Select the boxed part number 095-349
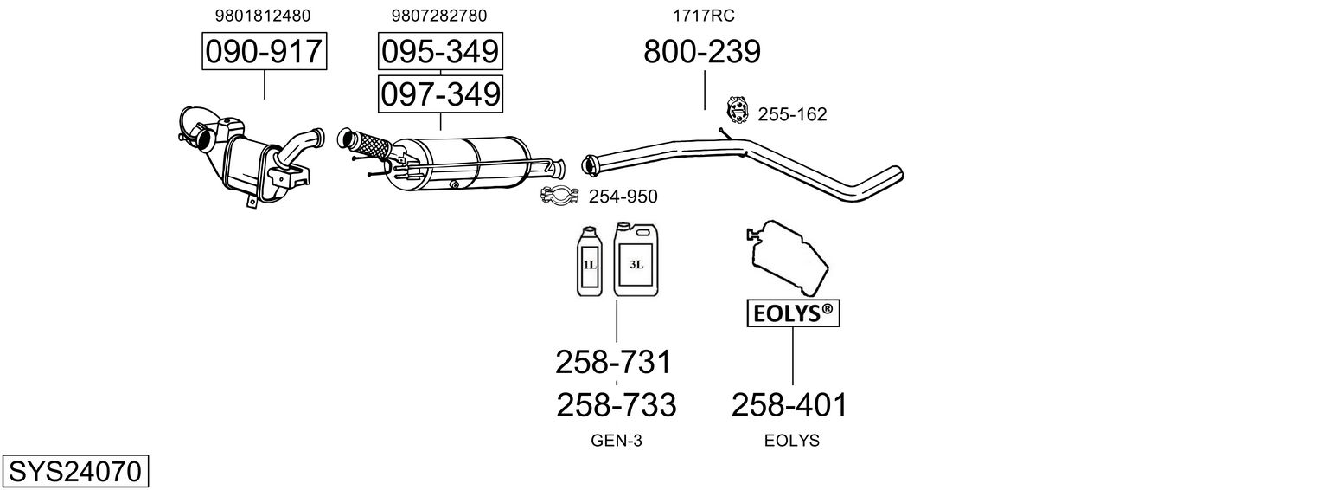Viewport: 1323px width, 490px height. [440, 52]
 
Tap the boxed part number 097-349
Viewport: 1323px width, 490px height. [440, 93]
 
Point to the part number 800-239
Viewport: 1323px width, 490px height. [701, 52]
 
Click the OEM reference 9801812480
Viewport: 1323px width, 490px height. [263, 16]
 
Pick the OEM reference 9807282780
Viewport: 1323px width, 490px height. [439, 16]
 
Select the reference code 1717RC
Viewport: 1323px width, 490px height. [704, 16]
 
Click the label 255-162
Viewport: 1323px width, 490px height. [792, 114]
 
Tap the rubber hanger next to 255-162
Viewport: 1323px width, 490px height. [736, 109]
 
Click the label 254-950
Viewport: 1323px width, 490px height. [623, 197]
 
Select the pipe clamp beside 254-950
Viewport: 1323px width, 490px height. [559, 197]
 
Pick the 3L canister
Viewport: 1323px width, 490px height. [636, 258]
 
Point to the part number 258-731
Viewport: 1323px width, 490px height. [613, 362]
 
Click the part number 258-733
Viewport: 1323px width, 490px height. [616, 404]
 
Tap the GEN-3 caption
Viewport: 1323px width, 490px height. [616, 441]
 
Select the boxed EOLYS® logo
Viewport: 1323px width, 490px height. [792, 314]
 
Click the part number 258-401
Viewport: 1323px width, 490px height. [789, 404]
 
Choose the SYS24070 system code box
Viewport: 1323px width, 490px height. [74, 472]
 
